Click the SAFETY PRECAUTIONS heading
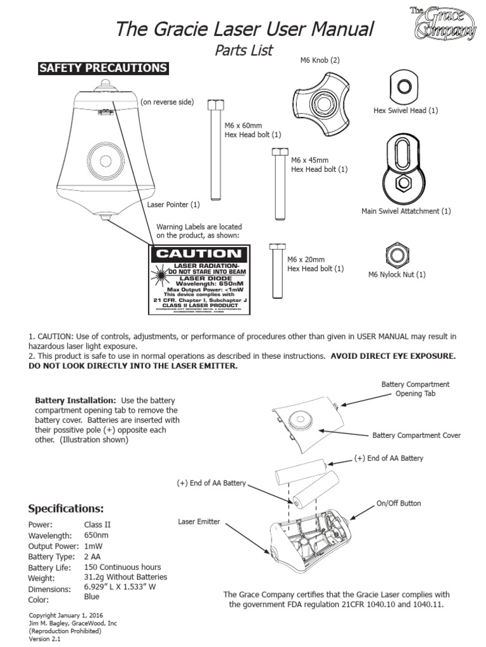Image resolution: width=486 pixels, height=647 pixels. click(x=103, y=68)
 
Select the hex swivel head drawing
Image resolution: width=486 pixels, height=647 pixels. click(x=401, y=85)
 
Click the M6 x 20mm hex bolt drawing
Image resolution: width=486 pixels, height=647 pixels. click(x=275, y=270)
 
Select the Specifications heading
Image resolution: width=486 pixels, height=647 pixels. click(x=66, y=509)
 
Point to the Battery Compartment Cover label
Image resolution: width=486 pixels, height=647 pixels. click(x=416, y=435)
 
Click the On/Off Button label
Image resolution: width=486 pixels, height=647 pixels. click(x=399, y=503)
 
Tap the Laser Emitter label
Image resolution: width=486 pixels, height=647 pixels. click(x=199, y=521)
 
